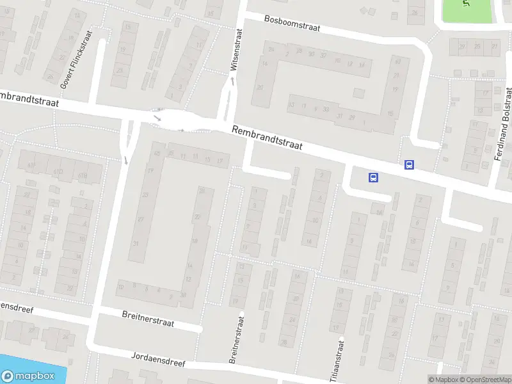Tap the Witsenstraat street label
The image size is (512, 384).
tap(237, 49)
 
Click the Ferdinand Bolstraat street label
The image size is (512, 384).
tap(502, 124)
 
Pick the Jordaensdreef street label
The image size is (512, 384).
tap(158, 358)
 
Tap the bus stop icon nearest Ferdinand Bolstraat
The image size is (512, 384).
tap(409, 164)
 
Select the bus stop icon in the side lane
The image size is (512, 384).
tap(373, 177)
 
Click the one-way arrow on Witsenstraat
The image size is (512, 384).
tap(233, 80)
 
